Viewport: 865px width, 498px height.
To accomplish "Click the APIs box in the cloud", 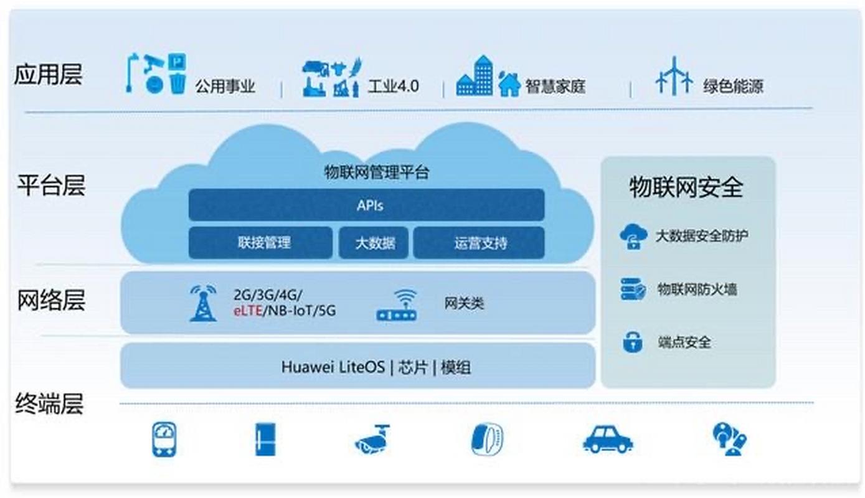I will tap(366, 205).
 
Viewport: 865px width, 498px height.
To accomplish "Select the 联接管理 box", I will tap(260, 242).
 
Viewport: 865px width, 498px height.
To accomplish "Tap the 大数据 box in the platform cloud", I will tap(374, 242).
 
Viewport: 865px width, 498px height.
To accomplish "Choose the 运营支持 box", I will tap(479, 242).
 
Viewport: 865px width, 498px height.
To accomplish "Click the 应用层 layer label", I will tap(48, 75).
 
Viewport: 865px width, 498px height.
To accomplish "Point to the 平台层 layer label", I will tap(50, 186).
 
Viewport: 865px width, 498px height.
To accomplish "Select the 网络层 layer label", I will tap(50, 300).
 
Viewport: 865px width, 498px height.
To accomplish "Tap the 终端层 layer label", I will tap(49, 405).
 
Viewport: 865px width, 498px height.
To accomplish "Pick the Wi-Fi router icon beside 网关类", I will tap(397, 305).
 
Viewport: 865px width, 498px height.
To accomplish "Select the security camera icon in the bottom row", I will tap(372, 438).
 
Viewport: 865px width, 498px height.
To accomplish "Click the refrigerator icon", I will tap(265, 439).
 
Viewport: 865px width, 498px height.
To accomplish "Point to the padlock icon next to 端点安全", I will tap(633, 342).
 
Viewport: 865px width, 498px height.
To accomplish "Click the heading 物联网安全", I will tap(686, 187).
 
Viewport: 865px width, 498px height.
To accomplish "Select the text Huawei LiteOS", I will tap(333, 367).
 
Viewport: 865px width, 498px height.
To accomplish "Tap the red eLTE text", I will tap(248, 311).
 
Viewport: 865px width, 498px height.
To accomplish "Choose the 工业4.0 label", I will tap(393, 86).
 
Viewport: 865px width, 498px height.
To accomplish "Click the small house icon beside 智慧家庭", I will tap(509, 84).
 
